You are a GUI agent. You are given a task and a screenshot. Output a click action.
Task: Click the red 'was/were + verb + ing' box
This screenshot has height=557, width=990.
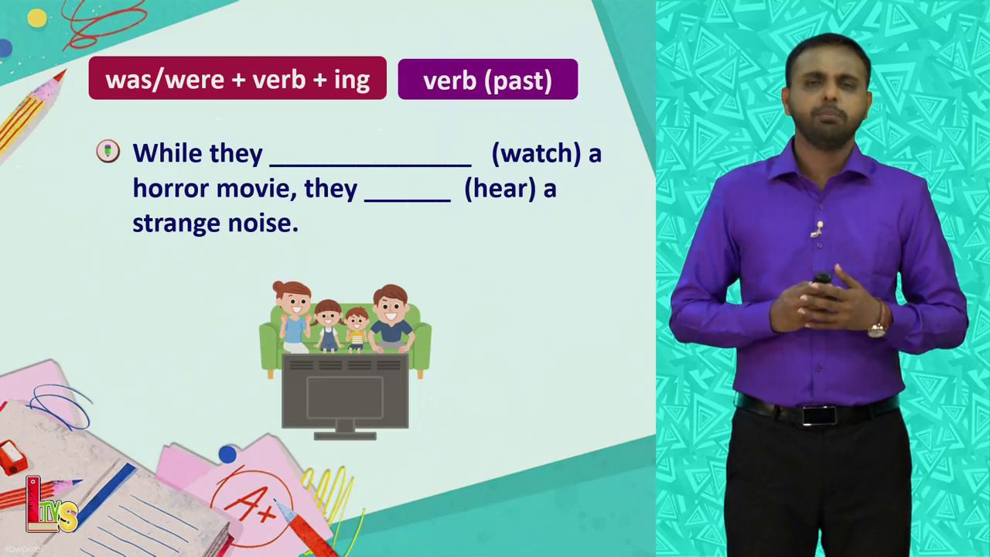pos(237,78)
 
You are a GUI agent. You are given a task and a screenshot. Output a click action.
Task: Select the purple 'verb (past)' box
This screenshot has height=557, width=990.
pos(488,79)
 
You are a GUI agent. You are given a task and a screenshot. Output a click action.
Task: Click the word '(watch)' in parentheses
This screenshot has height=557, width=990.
pos(537,154)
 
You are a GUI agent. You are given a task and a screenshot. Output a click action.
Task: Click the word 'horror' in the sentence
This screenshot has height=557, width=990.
pos(171,190)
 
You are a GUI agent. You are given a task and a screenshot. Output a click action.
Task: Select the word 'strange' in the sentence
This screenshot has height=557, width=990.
pos(176,224)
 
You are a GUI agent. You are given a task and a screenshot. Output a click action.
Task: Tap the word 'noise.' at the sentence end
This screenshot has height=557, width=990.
pos(263,224)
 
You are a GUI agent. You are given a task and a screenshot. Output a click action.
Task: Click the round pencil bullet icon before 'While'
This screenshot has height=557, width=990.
pos(108,151)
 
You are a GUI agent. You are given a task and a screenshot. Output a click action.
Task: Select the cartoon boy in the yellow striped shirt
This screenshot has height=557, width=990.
pos(357,330)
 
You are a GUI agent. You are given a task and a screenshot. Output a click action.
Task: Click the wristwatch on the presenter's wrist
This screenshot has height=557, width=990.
pos(878,329)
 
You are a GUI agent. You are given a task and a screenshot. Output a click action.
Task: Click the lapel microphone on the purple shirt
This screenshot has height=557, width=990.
pos(818,229)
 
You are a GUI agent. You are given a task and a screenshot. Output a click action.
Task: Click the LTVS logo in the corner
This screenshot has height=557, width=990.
pos(51,505)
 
